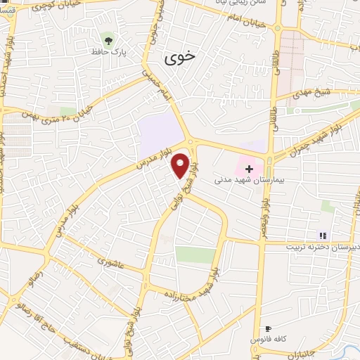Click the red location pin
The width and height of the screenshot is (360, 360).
click(181, 165)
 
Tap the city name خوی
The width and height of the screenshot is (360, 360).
click(179, 58)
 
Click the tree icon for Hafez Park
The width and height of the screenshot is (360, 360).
click(108, 37)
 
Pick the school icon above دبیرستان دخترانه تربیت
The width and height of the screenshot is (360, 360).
click(323, 236)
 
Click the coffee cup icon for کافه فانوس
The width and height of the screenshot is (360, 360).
click(268, 329)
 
